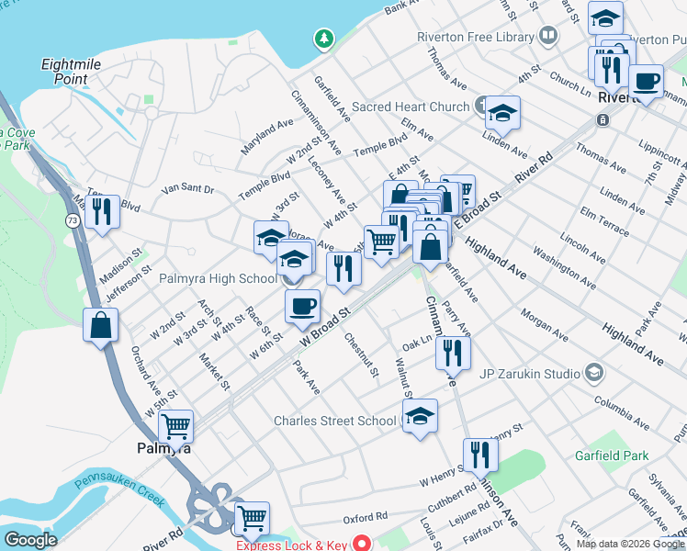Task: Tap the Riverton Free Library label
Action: pyautogui.click(x=475, y=37)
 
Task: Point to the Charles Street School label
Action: pyautogui.click(x=336, y=422)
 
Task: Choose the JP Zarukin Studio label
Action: pyautogui.click(x=529, y=373)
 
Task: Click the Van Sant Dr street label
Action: pyautogui.click(x=186, y=189)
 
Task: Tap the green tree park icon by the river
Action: pyautogui.click(x=322, y=39)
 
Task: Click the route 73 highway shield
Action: pyautogui.click(x=72, y=220)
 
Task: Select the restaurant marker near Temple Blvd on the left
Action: pyautogui.click(x=101, y=211)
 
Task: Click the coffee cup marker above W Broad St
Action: pyautogui.click(x=301, y=308)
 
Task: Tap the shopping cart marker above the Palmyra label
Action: pyautogui.click(x=175, y=426)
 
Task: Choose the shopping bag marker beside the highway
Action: pyautogui.click(x=100, y=325)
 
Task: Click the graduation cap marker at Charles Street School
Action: pyautogui.click(x=420, y=415)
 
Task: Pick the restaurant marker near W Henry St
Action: pyautogui.click(x=480, y=454)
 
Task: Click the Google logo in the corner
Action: pyautogui.click(x=30, y=540)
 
